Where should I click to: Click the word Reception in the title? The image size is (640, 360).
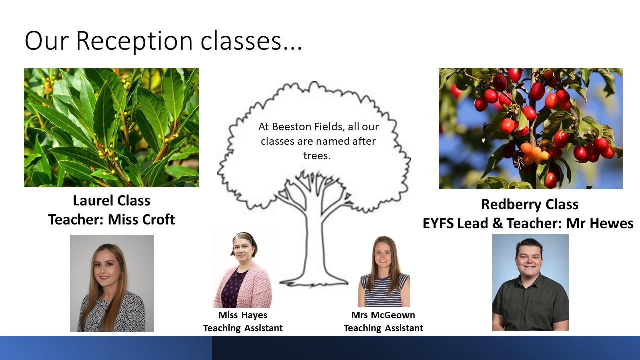click(x=134, y=41)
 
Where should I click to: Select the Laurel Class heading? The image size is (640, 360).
click(x=111, y=200)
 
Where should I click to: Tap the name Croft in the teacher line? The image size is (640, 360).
click(x=158, y=219)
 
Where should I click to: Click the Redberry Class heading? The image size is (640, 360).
click(x=530, y=204)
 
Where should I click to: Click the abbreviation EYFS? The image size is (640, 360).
click(x=438, y=223)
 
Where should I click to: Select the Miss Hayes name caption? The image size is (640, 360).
click(x=243, y=315)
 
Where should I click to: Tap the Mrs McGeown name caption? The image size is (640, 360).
click(x=383, y=315)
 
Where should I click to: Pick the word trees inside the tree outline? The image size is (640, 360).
click(x=317, y=156)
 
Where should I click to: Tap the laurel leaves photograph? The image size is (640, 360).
click(x=111, y=128)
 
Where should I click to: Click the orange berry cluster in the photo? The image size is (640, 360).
click(x=534, y=153)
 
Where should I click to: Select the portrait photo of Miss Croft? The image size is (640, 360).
click(x=112, y=283)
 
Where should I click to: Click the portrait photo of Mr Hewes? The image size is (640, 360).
click(x=530, y=283)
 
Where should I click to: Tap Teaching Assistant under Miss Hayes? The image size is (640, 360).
click(x=243, y=328)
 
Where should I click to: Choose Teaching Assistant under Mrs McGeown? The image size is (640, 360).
click(x=383, y=328)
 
